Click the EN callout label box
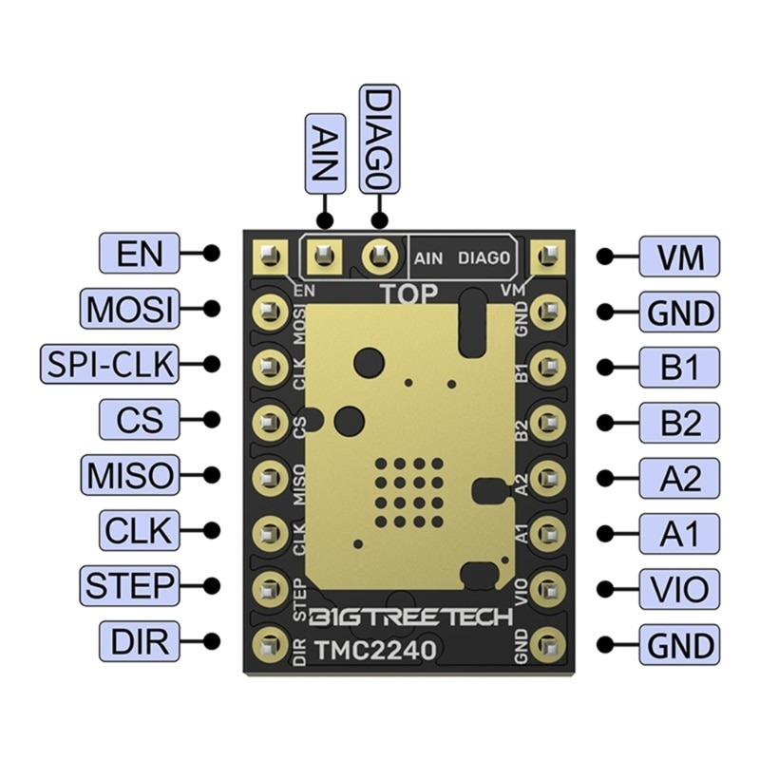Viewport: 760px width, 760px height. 139,254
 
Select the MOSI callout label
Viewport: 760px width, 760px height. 129,309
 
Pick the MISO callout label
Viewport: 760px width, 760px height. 129,474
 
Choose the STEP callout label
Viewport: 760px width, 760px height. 129,585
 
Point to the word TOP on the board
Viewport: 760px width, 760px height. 409,294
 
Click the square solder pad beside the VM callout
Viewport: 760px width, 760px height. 547,254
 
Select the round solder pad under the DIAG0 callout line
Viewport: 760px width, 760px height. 381,254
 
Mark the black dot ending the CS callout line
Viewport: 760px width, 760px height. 213,419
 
